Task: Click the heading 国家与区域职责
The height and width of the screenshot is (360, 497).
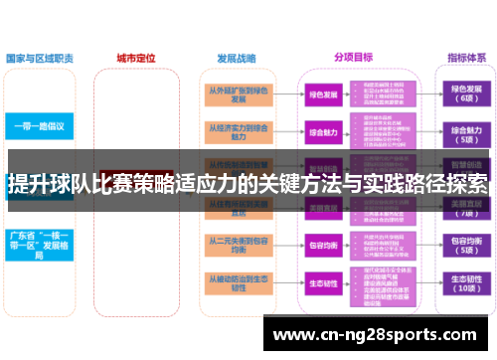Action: pyautogui.click(x=39, y=58)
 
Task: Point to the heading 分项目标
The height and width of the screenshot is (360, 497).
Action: pyautogui.click(x=353, y=57)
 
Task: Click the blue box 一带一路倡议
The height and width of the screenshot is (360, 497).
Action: pyautogui.click(x=40, y=127)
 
